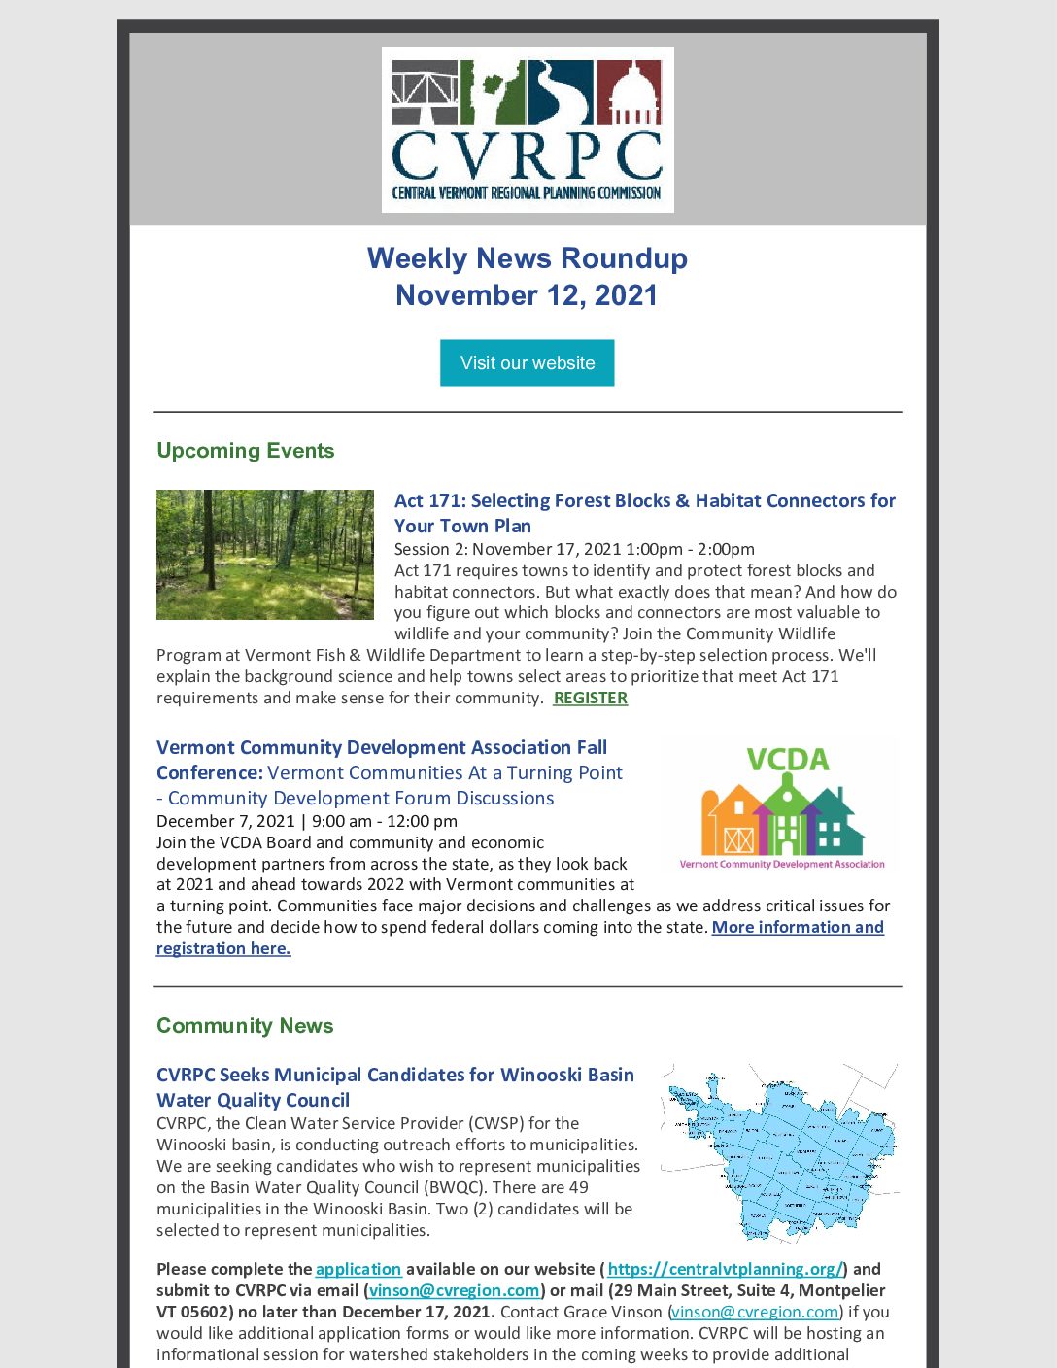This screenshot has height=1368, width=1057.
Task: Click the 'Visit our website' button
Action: point(527,362)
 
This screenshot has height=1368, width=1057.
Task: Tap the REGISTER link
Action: point(590,698)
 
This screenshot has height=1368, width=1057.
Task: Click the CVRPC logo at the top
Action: point(528,129)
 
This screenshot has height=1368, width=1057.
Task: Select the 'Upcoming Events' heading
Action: point(245,451)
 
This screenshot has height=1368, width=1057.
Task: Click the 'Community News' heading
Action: point(245,1026)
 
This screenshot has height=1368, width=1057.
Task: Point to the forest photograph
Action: point(265,555)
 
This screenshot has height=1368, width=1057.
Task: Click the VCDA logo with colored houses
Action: point(782,806)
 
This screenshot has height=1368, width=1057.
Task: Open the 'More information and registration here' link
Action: point(797,927)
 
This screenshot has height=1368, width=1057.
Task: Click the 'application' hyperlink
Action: point(358,1269)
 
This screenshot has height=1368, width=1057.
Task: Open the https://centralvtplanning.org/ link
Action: point(725,1269)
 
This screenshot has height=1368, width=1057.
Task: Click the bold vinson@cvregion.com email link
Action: point(454,1290)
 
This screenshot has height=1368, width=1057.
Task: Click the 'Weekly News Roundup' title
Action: point(528,258)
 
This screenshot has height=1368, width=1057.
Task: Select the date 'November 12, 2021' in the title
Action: point(527,295)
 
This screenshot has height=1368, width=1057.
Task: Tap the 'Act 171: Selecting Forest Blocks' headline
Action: point(644,501)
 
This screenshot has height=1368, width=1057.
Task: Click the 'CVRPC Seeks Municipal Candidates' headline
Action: point(394,1076)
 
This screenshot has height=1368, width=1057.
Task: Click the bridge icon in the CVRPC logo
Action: point(425,94)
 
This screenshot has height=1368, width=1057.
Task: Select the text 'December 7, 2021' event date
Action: point(225,821)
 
